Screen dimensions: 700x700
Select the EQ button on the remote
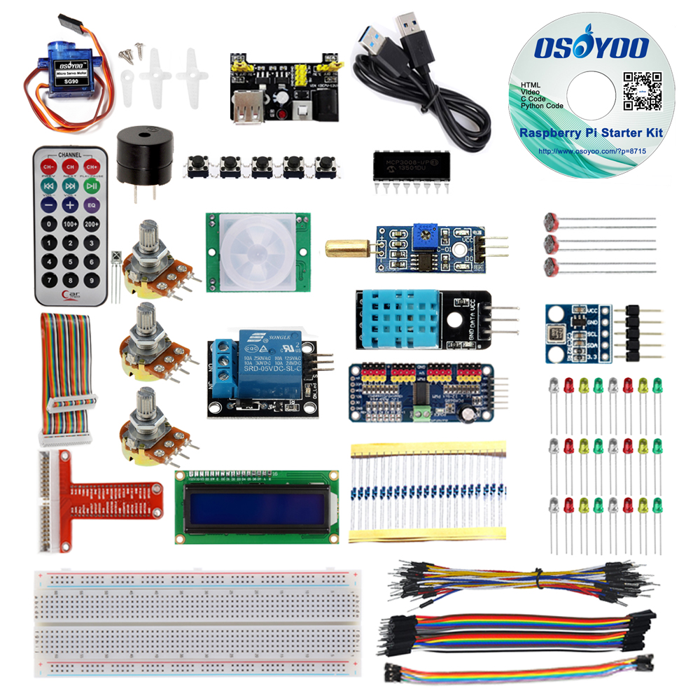[92, 206]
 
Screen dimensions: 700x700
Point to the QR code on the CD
[643, 91]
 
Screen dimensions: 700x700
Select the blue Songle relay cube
[266, 356]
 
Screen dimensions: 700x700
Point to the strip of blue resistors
[427, 490]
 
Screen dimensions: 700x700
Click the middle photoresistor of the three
[551, 244]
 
